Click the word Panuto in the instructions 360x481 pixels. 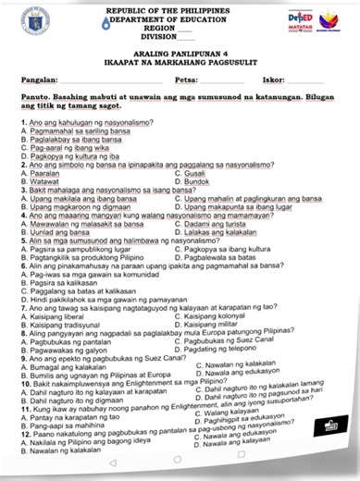(x=35, y=98)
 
